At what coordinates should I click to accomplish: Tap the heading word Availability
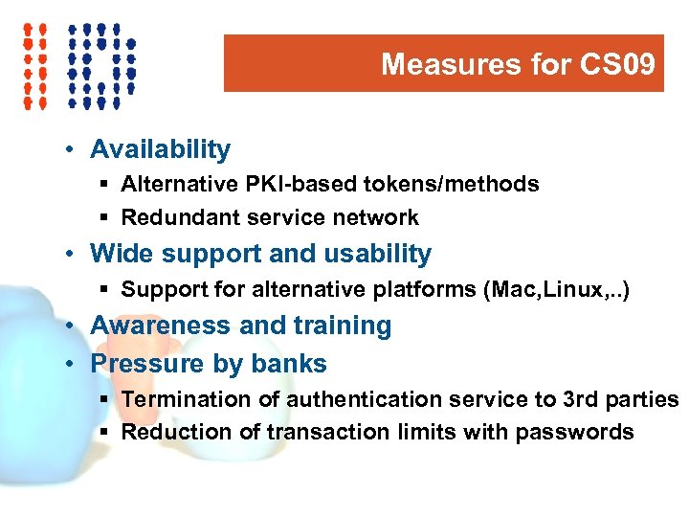click(x=160, y=149)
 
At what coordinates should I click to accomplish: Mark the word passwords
click(x=574, y=432)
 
